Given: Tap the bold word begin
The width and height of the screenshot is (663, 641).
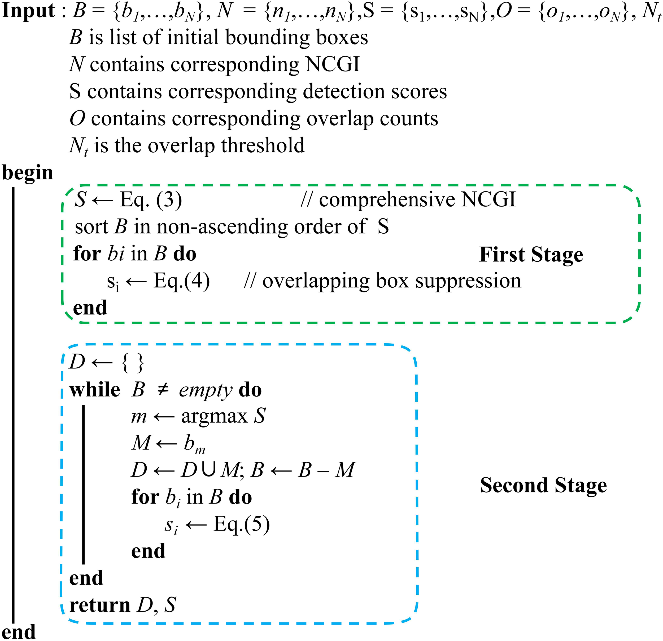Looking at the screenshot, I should pos(28,173).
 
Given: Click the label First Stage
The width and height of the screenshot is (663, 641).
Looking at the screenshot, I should pos(531,255).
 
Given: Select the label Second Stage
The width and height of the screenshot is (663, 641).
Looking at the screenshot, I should pos(543,486).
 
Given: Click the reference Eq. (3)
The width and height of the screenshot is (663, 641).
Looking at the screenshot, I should pos(151,200).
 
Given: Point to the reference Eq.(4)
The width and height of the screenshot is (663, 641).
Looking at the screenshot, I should pos(182,281).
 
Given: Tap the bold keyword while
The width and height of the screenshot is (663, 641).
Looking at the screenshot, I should pos(95,390).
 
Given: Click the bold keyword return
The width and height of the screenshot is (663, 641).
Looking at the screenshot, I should pos(99,605).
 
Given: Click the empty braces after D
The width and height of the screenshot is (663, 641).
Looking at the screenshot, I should pos(133,363).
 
